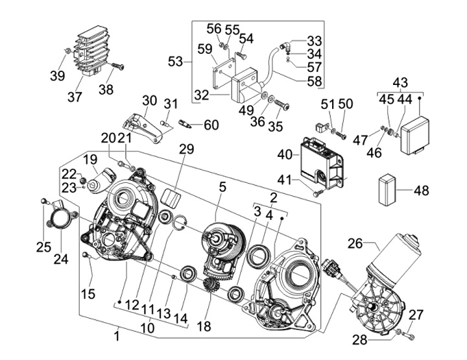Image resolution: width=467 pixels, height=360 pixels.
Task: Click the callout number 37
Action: [x=75, y=97]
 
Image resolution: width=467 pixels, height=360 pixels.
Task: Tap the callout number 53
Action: [x=175, y=62]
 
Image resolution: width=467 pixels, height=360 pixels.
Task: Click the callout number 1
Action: [x=117, y=336]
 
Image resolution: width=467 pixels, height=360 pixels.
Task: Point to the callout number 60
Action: [x=211, y=125]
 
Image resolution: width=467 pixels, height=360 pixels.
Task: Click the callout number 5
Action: [x=222, y=187]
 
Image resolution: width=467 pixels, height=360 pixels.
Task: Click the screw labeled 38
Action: [x=117, y=66]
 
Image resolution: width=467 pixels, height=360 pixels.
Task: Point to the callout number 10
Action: [x=148, y=328]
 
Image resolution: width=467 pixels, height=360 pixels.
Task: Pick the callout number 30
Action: [x=150, y=101]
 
